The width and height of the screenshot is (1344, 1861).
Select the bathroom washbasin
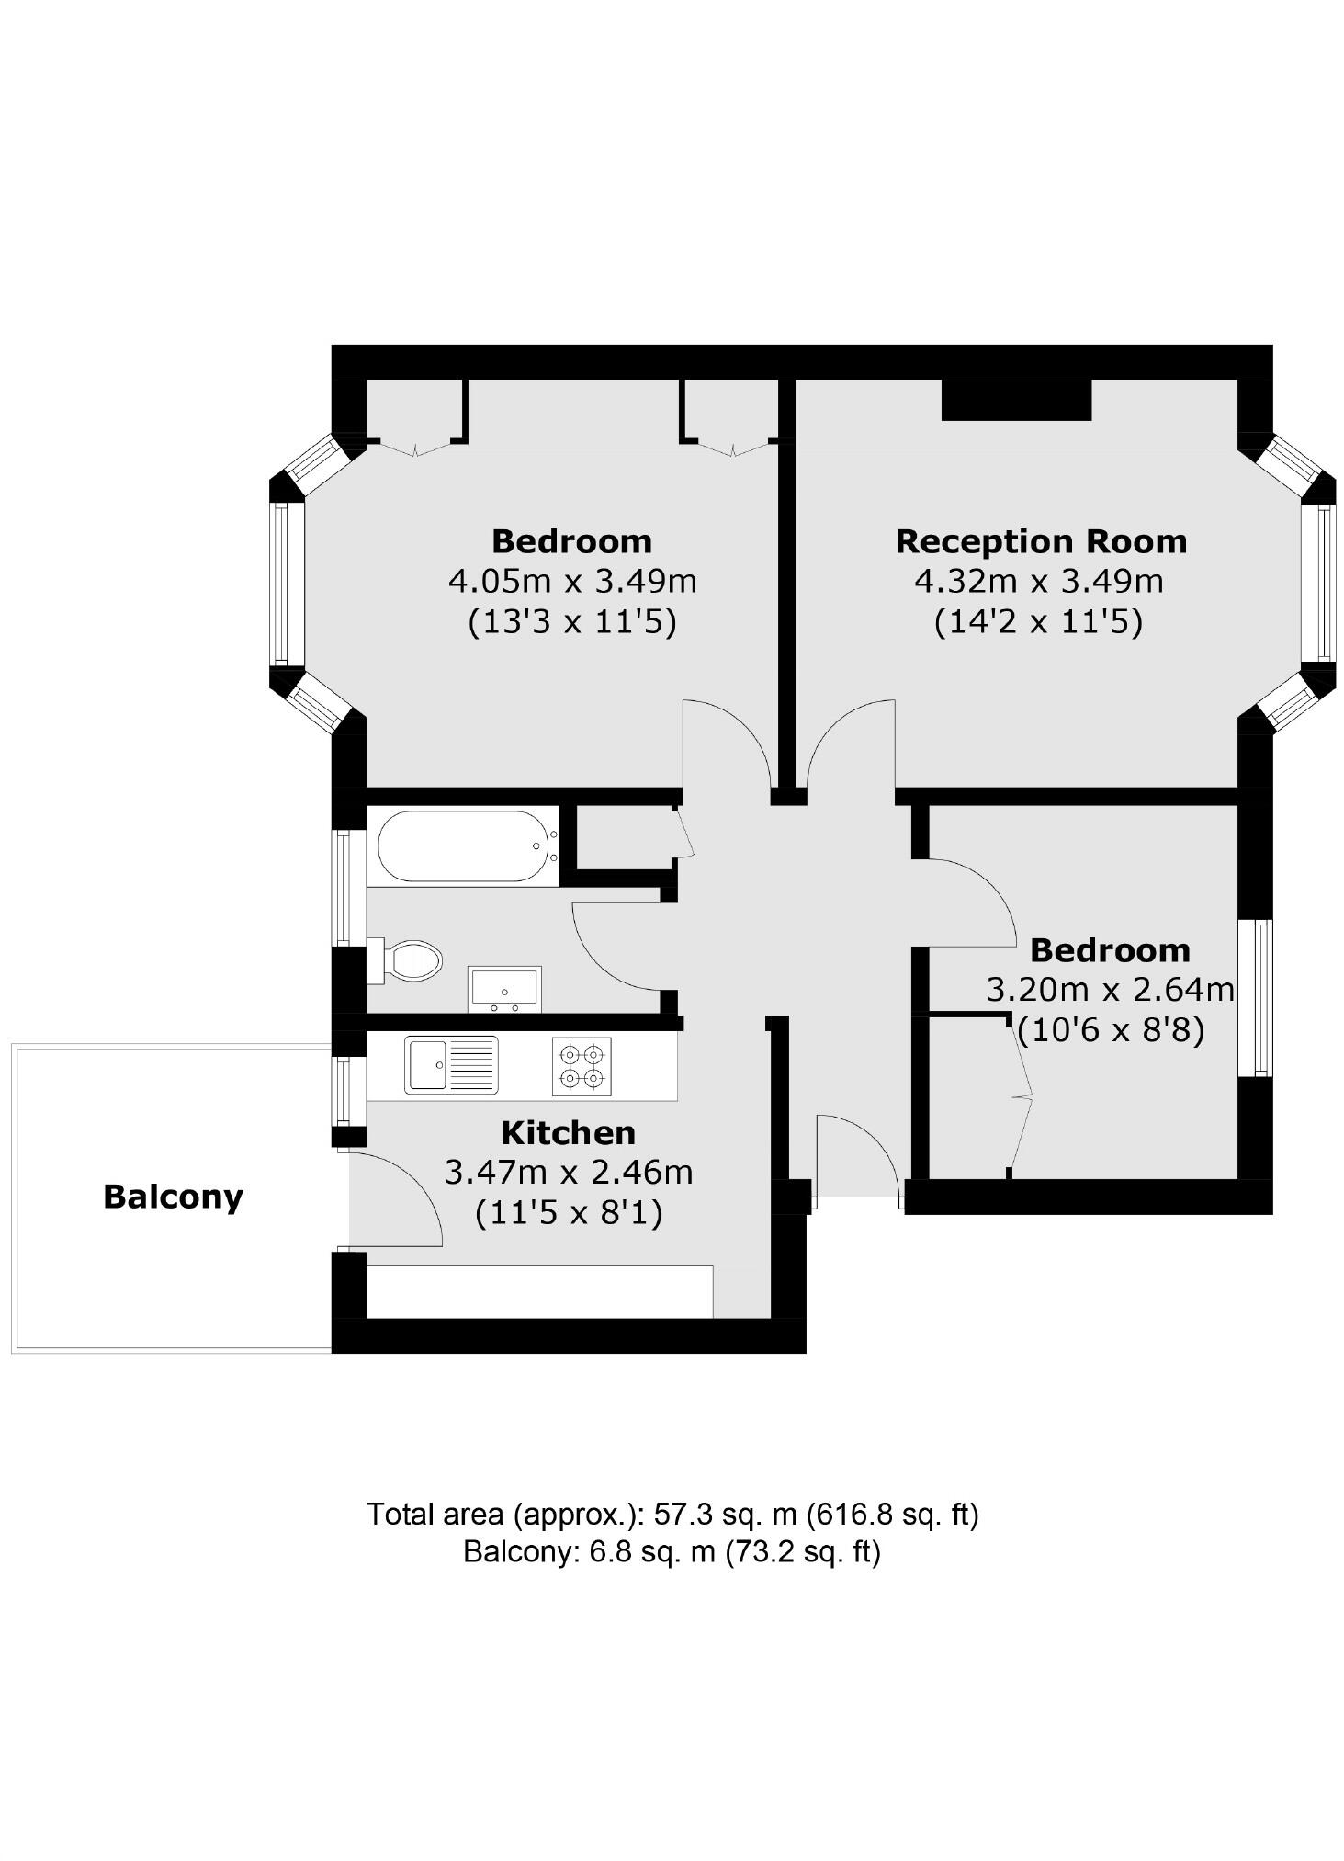(503, 988)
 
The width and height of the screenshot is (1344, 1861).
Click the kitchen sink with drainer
(451, 1064)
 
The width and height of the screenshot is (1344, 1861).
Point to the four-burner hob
(582, 1066)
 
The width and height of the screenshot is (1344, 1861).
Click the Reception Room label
(1040, 541)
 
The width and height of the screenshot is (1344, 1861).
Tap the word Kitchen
(568, 1132)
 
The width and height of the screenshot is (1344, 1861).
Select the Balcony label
(173, 1197)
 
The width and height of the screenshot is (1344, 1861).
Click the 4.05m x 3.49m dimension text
(571, 582)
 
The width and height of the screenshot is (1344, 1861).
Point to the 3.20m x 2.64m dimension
(1110, 990)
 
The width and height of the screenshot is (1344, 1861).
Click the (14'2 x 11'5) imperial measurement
(1038, 622)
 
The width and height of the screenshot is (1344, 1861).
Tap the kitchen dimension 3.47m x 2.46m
(568, 1173)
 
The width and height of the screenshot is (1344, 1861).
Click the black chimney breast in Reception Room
(1016, 400)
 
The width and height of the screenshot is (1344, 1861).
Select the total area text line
(672, 1514)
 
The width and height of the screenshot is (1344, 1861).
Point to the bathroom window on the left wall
(343, 888)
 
